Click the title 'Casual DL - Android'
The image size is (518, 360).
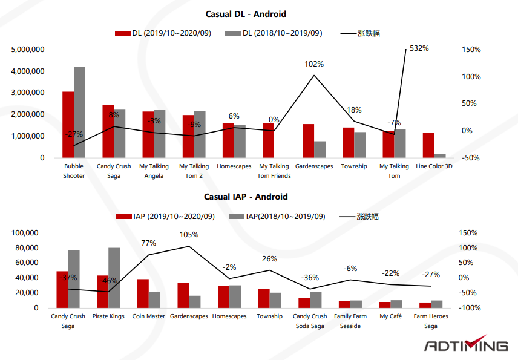(246, 14)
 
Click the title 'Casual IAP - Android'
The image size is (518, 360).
(246, 197)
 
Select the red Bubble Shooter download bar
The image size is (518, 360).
(68, 125)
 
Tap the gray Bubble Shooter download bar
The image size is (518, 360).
(79, 112)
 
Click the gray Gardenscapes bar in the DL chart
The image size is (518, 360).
(320, 149)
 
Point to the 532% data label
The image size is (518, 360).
(419, 48)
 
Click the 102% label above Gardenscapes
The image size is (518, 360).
(313, 64)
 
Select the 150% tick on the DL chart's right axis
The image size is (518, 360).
(471, 50)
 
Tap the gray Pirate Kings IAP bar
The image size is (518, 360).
(114, 278)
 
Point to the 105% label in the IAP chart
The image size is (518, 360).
(188, 235)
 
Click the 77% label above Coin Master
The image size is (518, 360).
(149, 243)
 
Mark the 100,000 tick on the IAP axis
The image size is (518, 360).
(25, 233)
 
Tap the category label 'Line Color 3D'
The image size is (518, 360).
(434, 166)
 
